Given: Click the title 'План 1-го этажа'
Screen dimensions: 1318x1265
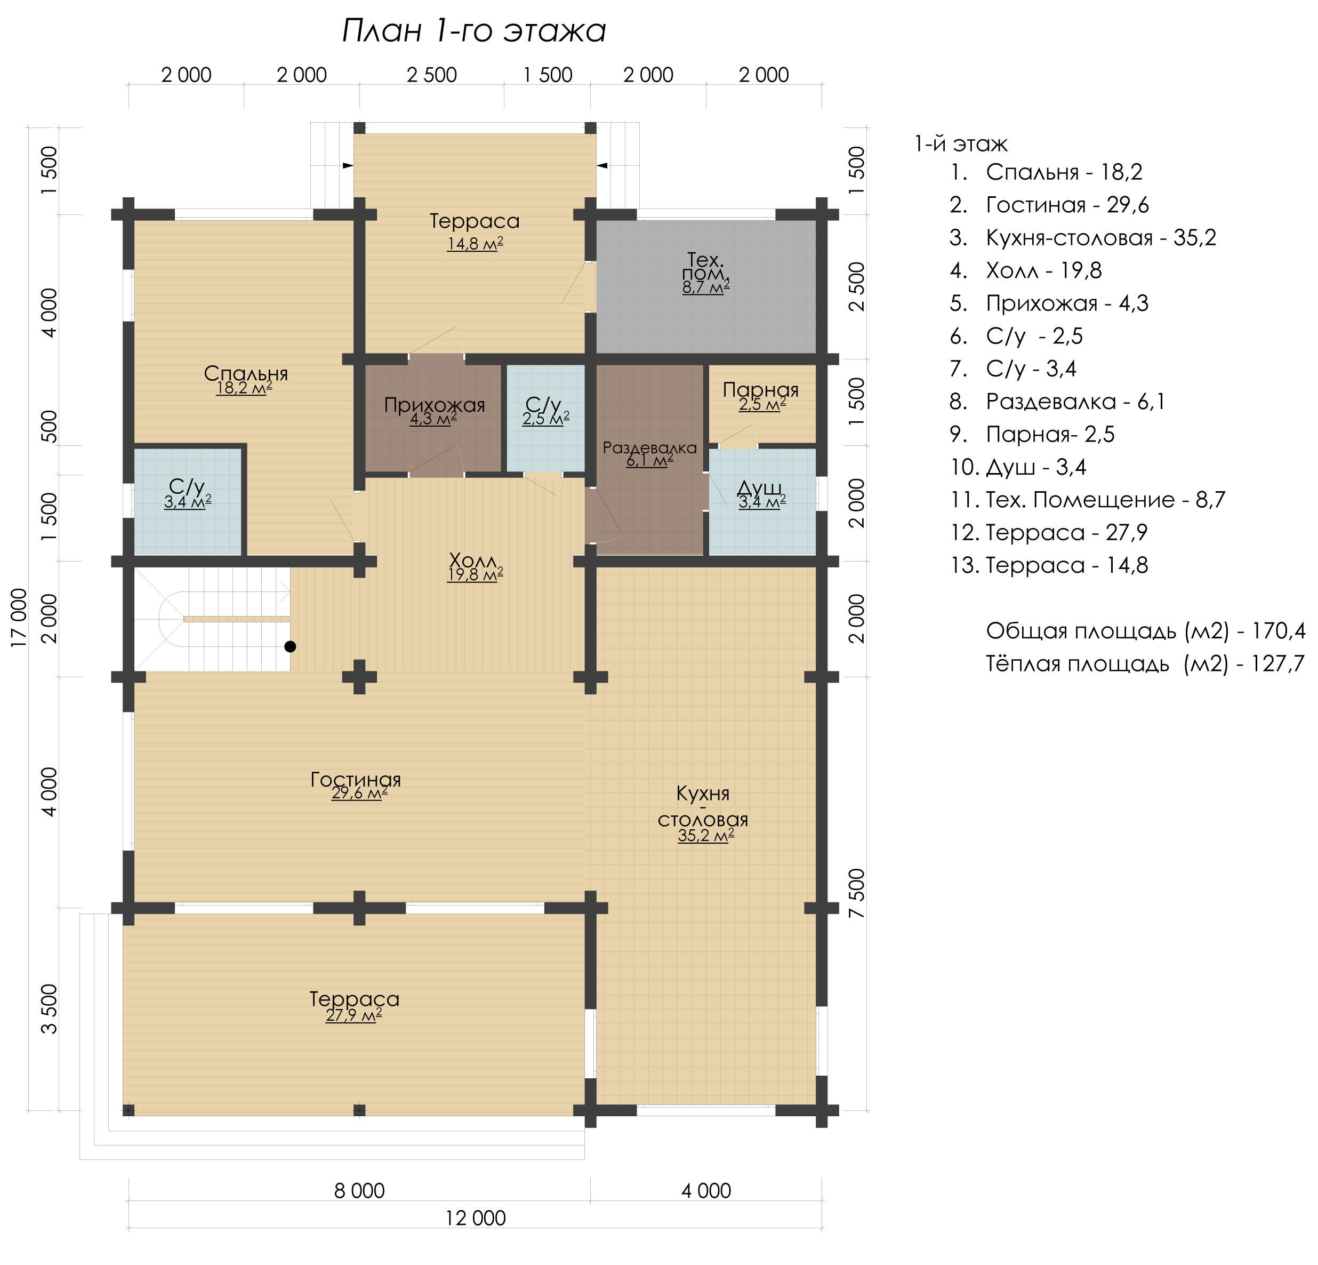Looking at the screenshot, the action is click(474, 31).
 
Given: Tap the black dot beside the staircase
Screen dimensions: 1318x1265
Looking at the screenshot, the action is click(290, 646).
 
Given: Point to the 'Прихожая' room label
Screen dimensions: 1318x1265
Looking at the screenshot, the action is click(435, 405).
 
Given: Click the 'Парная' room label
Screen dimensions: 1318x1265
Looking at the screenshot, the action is click(760, 389).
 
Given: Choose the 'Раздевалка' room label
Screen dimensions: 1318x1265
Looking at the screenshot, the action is click(649, 448).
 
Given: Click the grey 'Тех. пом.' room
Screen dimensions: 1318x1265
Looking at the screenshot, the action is click(706, 286).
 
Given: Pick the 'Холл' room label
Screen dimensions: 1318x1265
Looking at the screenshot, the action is click(473, 559).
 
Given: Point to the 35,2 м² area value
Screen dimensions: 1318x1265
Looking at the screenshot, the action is click(705, 836).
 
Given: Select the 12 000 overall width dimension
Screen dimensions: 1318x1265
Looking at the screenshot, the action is click(476, 1218).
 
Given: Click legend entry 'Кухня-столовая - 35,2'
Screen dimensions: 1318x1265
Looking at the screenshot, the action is click(1101, 237).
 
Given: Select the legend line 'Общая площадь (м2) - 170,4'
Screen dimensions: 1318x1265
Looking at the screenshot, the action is click(1146, 631).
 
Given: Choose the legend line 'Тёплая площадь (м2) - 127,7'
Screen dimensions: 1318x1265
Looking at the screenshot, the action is click(1145, 664).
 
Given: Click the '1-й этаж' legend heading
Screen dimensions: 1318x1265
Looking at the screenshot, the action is click(961, 144).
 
